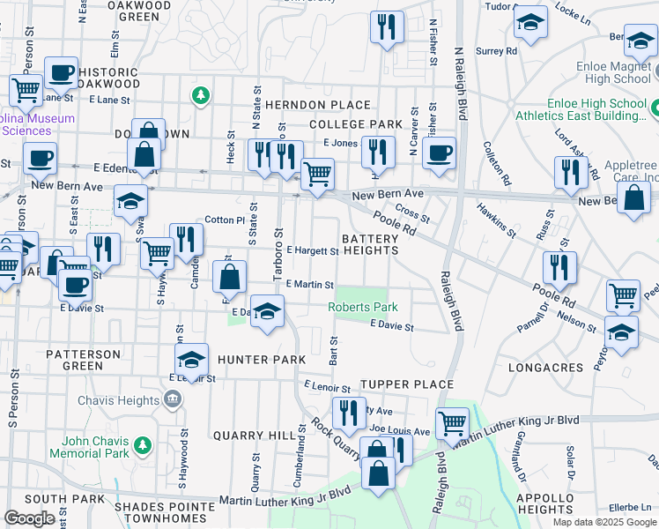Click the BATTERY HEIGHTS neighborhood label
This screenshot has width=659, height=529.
tap(370, 244)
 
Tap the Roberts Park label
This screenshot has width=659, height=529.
tap(363, 308)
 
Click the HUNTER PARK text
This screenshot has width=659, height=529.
tap(262, 360)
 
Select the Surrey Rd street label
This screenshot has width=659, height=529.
tap(496, 51)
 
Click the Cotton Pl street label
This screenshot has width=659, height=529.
tap(224, 220)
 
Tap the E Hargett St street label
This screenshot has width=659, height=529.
tap(312, 251)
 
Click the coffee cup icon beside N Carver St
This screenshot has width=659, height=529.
tap(438, 153)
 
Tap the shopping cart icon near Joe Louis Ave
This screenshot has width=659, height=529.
tap(452, 422)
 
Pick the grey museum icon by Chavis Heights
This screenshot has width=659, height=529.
tap(172, 400)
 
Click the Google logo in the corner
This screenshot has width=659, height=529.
tap(29, 518)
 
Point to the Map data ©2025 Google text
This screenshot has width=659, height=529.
tap(603, 522)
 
